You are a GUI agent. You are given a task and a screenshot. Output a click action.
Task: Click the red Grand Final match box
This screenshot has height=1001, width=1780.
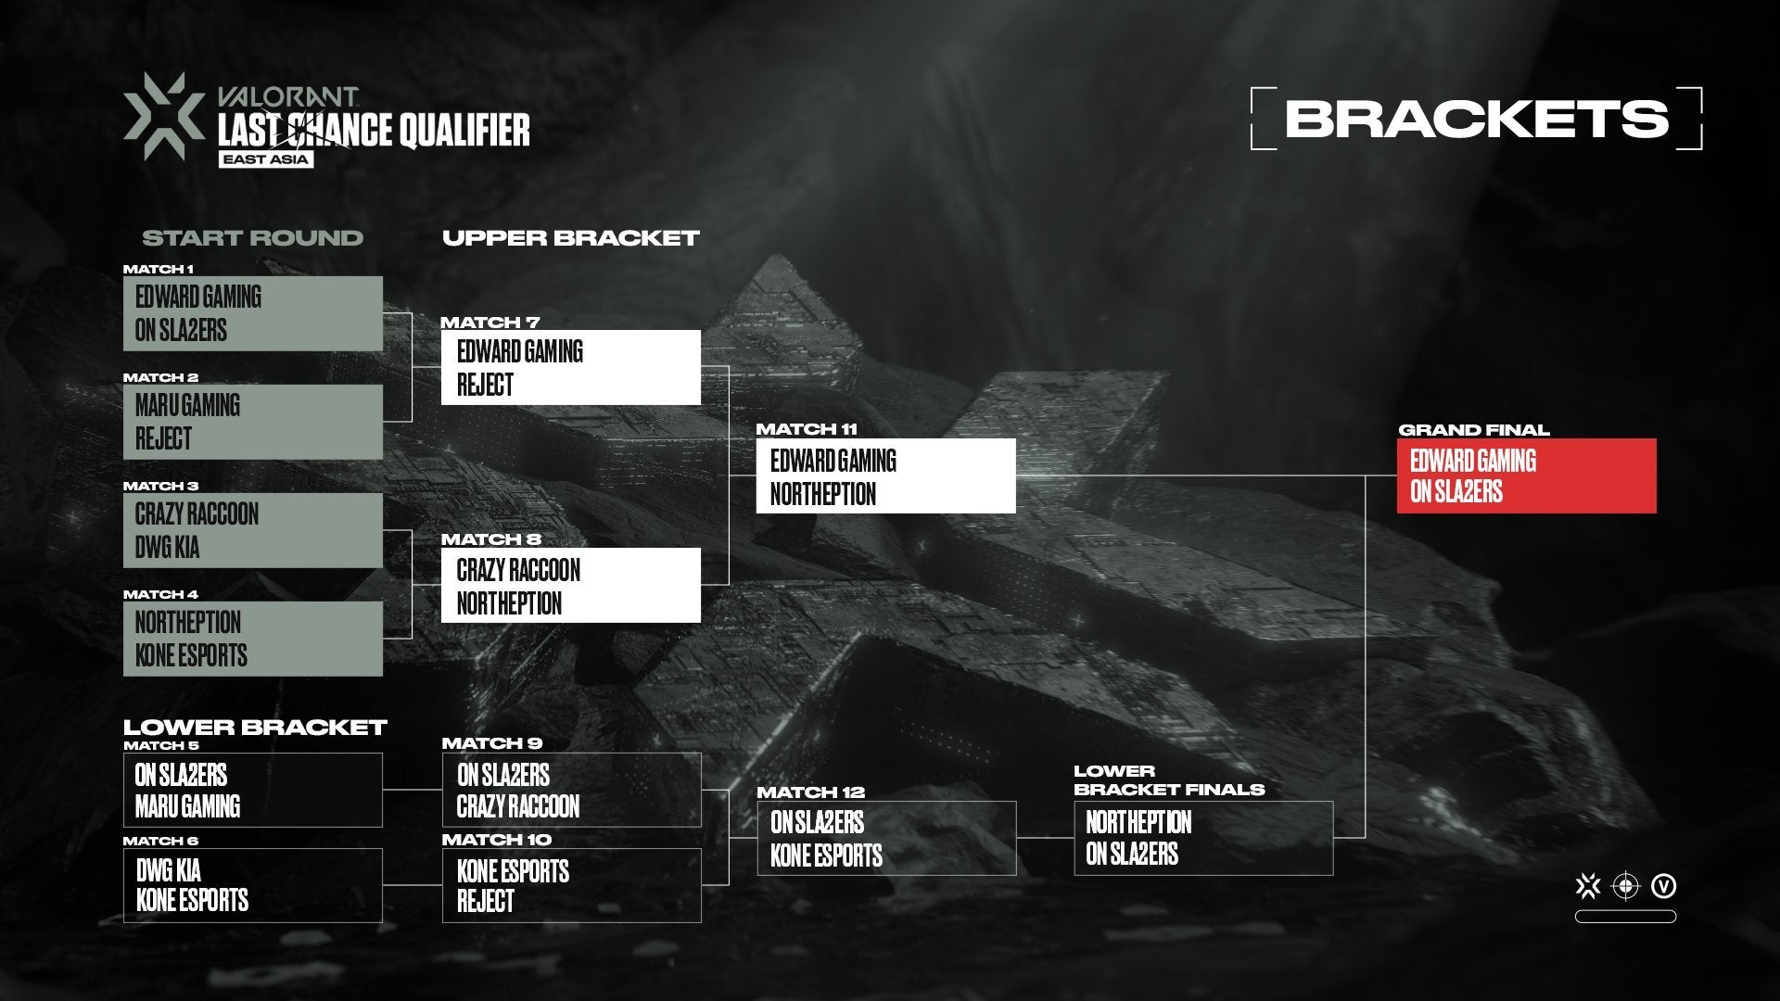(1526, 475)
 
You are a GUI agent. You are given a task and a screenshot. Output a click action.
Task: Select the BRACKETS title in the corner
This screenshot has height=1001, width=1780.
(1476, 119)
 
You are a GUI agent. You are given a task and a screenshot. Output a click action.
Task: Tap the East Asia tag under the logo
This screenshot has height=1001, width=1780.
(266, 159)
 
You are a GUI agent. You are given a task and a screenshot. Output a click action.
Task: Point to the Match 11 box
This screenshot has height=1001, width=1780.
(885, 475)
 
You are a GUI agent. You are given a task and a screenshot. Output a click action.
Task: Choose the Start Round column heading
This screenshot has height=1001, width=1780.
(252, 238)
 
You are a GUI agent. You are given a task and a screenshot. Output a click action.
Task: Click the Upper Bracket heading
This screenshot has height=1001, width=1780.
(570, 238)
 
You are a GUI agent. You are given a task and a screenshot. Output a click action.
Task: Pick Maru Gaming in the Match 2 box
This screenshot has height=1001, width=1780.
(187, 405)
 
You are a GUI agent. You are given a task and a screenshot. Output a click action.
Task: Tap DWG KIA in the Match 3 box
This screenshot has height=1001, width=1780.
(167, 548)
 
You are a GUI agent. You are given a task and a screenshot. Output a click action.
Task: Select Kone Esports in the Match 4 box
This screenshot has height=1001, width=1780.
(191, 655)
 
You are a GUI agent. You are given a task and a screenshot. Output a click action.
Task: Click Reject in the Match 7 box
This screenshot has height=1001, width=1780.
(485, 385)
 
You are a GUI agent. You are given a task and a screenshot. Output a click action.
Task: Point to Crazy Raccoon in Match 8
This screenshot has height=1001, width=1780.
(518, 570)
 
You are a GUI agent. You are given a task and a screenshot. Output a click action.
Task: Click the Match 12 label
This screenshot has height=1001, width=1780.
(810, 792)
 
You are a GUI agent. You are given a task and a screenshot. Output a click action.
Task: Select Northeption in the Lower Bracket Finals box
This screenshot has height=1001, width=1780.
(1138, 822)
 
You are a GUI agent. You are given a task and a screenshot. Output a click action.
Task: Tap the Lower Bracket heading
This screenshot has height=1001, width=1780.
(255, 728)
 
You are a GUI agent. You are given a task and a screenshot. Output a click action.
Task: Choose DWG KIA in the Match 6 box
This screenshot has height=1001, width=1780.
(168, 870)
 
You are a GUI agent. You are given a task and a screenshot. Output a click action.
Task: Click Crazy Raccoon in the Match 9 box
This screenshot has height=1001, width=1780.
(518, 806)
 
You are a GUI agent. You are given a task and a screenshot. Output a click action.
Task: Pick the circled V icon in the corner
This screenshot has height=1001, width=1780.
(1664, 887)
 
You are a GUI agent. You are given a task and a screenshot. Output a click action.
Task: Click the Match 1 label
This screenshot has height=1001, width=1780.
(159, 270)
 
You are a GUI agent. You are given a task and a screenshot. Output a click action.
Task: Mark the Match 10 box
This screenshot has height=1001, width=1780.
(571, 885)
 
